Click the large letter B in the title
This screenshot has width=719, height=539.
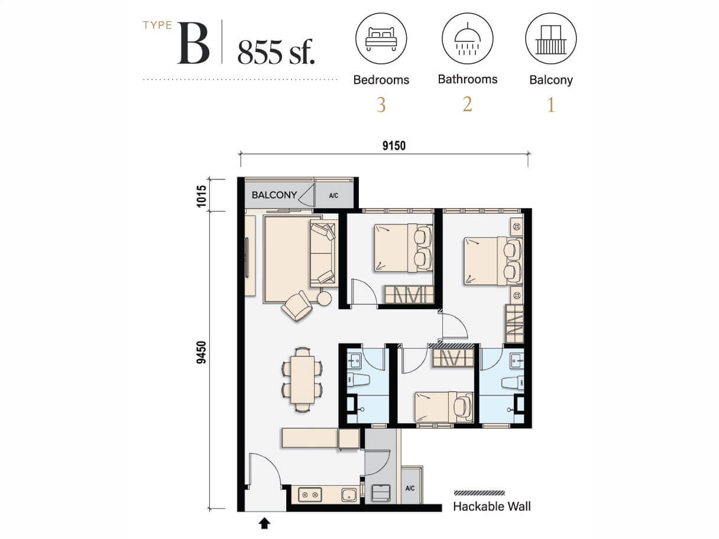(193, 45)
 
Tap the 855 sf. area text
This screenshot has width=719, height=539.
(276, 52)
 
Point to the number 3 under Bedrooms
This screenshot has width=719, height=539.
(381, 105)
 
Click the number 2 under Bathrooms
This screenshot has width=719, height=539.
(467, 105)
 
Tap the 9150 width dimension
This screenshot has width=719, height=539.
(394, 146)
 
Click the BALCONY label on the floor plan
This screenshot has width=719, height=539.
(274, 194)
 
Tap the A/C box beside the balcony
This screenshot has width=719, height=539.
(333, 194)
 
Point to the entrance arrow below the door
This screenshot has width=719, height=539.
(264, 523)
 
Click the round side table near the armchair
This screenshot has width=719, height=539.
(325, 298)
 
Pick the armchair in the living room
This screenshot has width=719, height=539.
(297, 306)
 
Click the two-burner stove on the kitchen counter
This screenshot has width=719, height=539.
(310, 494)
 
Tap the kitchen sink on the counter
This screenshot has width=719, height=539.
(349, 494)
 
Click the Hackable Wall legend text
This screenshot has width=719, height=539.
(491, 506)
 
